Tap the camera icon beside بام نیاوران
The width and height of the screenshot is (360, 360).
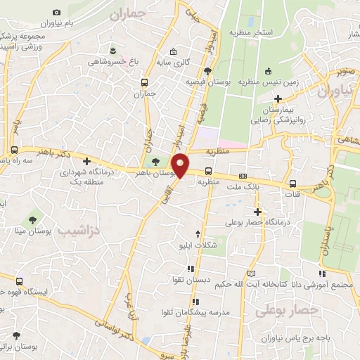pos(57,13)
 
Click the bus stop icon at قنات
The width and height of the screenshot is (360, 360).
pos(292,184)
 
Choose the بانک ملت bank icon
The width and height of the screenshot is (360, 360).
pos(243,176)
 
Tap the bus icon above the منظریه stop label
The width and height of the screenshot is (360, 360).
pos(208,171)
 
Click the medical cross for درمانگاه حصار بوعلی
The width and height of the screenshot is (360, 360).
pos(258,211)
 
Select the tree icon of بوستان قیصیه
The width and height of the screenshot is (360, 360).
pos(207,70)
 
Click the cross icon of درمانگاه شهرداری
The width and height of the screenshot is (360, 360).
pos(86,161)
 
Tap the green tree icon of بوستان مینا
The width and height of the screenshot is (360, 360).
pos(30,221)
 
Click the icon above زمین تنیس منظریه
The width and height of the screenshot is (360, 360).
pos(269,70)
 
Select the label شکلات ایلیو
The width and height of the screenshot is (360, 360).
pos(197,247)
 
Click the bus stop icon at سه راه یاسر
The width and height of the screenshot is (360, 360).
pos(14,150)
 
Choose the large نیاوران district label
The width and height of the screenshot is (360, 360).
pos(333,91)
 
